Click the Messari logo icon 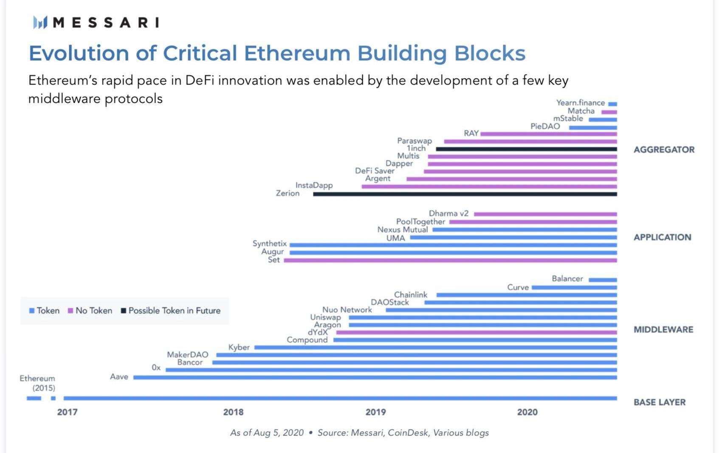pyautogui.click(x=40, y=22)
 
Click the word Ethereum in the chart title pyautogui.click(x=297, y=54)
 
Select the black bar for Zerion pyautogui.click(x=465, y=194)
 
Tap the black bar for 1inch pyautogui.click(x=526, y=149)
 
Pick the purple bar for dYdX pyautogui.click(x=476, y=332)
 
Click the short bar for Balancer pyautogui.click(x=603, y=280)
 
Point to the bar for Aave pyautogui.click(x=375, y=377)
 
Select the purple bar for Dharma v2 pyautogui.click(x=545, y=214)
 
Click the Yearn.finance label pyautogui.click(x=580, y=103)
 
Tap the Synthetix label pyautogui.click(x=270, y=243)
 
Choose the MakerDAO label pyautogui.click(x=188, y=354)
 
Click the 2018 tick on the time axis pyautogui.click(x=233, y=412)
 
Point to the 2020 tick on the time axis pyautogui.click(x=527, y=412)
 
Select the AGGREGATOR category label pyautogui.click(x=664, y=150)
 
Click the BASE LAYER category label pyautogui.click(x=659, y=402)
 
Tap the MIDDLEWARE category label pyautogui.click(x=663, y=329)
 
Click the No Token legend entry pyautogui.click(x=90, y=311)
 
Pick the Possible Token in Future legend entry pyautogui.click(x=171, y=311)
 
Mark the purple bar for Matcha pyautogui.click(x=609, y=112)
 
